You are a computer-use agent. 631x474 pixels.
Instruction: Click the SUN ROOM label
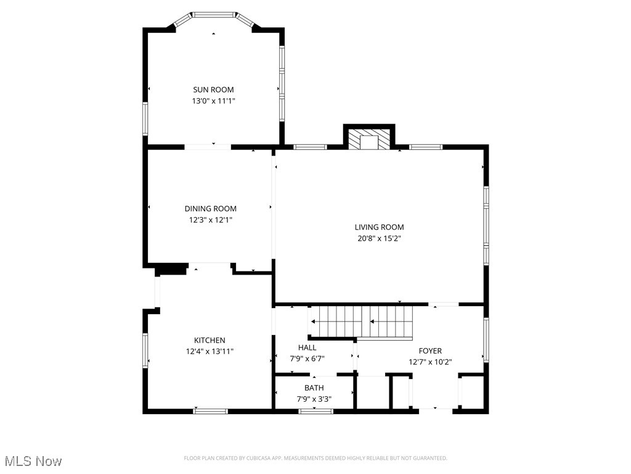coord(213,89)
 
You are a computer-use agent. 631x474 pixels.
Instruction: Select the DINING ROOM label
coord(210,209)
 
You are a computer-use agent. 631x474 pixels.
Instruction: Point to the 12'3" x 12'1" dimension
coord(210,219)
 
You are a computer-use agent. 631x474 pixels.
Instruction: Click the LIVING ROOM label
coord(379,227)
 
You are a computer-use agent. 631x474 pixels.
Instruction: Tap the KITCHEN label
coord(210,340)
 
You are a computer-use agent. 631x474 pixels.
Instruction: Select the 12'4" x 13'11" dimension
coord(210,351)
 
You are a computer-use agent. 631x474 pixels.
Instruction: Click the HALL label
coord(307,347)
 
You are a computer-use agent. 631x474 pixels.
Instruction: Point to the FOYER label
coord(430,351)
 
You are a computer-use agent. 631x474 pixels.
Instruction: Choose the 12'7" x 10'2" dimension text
coord(430,362)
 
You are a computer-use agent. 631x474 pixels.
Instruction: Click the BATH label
coord(314,388)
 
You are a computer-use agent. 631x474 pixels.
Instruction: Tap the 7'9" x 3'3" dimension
coord(314,399)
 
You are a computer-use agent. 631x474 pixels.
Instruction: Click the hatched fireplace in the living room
coord(368,139)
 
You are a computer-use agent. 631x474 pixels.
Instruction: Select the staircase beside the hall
coord(360,322)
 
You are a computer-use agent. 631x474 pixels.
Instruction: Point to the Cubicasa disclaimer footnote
coord(315,458)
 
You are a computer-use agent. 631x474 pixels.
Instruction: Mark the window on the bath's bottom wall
coord(315,410)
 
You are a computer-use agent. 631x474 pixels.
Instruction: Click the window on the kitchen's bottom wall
coord(210,410)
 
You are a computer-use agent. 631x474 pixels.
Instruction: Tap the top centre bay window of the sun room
coord(213,14)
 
